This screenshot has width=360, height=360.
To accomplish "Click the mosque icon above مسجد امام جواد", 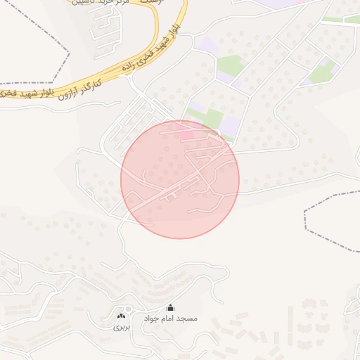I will coord(170,308).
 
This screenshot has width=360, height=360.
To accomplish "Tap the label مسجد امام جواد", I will coord(171,319).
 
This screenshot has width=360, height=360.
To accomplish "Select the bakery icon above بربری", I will coord(120,317).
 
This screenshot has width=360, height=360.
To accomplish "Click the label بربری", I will coord(122,327).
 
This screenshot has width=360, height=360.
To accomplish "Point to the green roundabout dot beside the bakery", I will coord(128,309).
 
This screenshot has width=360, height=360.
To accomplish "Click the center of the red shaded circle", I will coord(180,179).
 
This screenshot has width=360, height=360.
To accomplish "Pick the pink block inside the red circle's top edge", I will coord(186,134).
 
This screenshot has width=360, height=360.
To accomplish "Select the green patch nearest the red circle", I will coord(205,117).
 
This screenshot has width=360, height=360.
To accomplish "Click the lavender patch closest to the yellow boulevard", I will coord(208,46).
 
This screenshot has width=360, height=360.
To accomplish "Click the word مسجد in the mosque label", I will coord(188,319).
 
